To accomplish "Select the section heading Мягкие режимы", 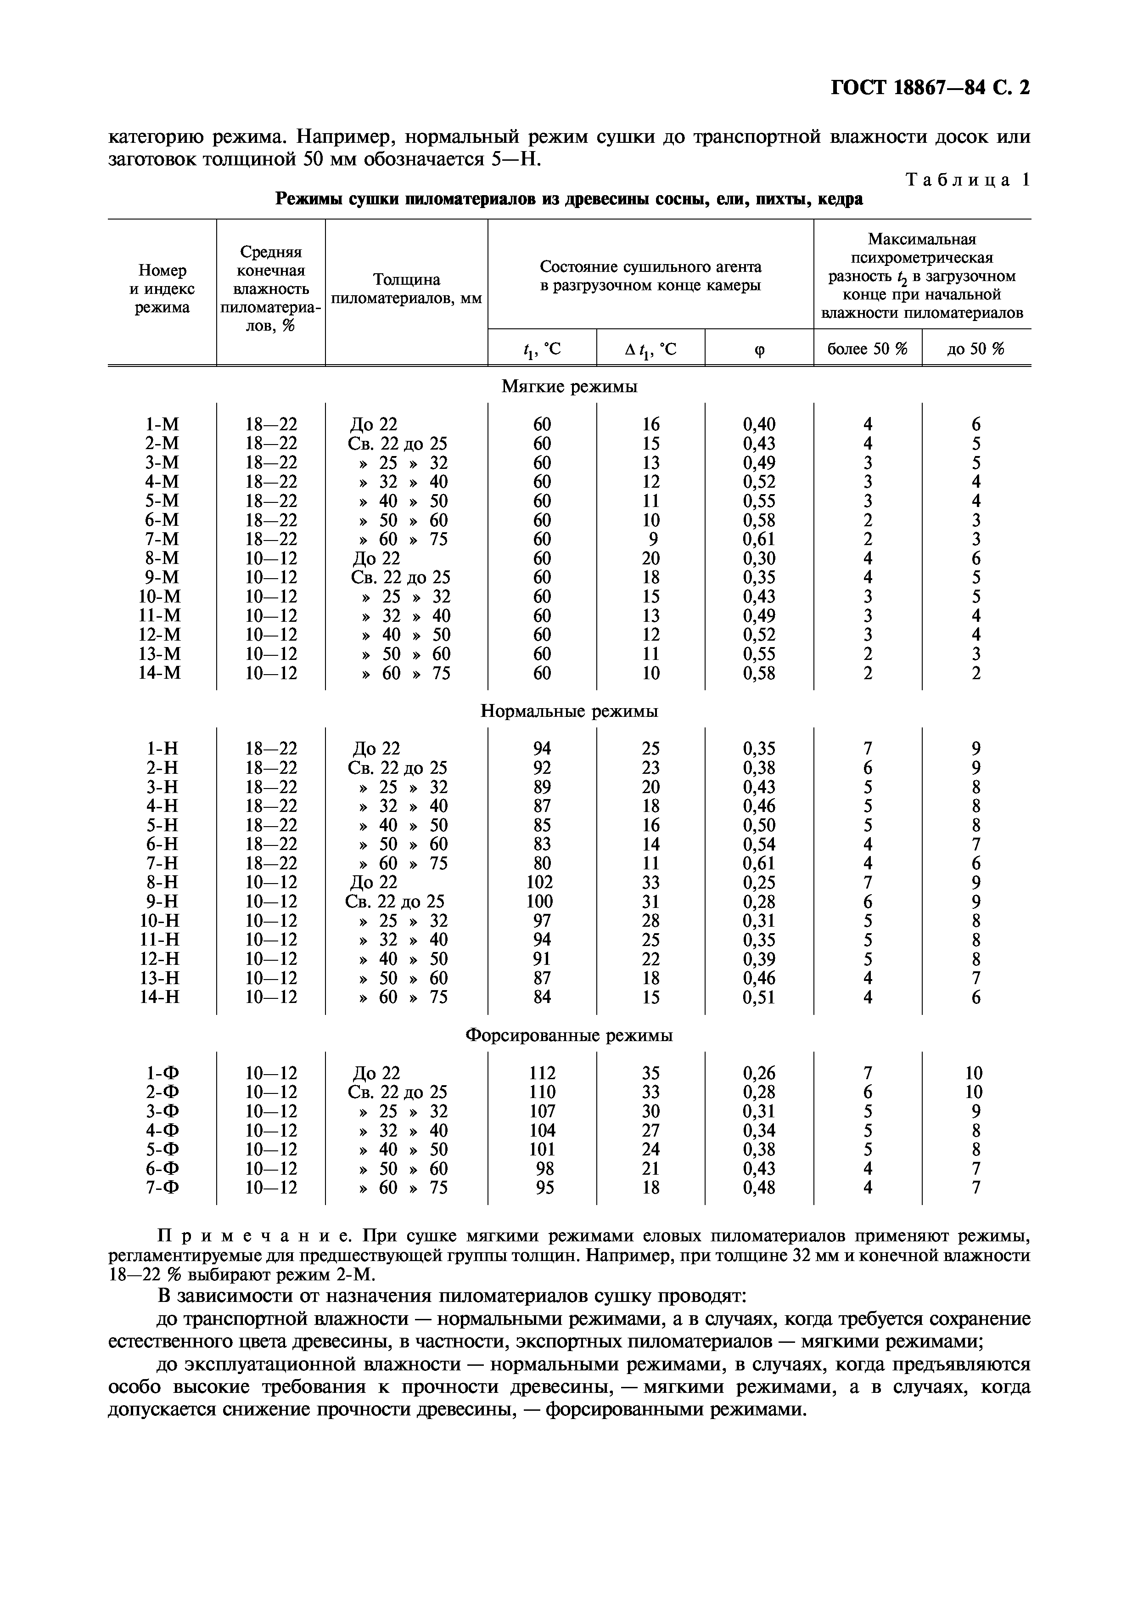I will tap(569, 387).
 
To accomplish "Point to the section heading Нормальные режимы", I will tap(569, 711).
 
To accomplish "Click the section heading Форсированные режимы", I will tap(569, 1035).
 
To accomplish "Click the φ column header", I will tap(759, 349).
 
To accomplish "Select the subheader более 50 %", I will tap(867, 349).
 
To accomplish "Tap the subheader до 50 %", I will tap(975, 349).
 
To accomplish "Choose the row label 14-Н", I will tap(159, 997).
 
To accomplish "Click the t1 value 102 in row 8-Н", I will tap(542, 882).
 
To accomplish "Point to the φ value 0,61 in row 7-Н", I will tap(759, 863).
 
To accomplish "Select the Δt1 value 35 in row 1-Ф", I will tap(650, 1073).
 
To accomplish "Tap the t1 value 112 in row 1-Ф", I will tap(542, 1073).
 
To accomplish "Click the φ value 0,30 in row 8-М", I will tap(759, 558).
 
